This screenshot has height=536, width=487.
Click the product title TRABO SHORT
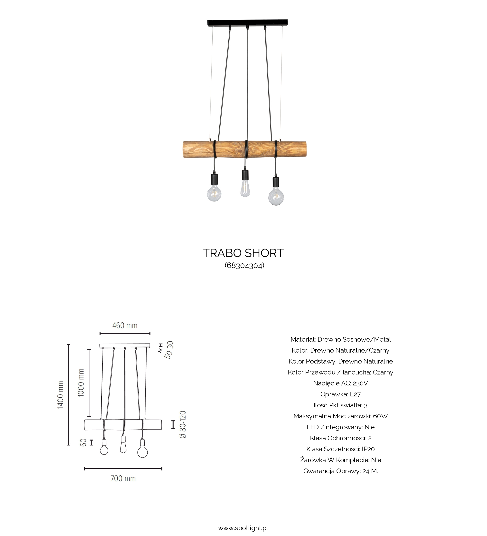243,253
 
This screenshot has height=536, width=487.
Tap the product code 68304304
244,266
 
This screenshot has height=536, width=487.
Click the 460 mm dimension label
125,325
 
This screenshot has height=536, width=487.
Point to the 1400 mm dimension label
61,395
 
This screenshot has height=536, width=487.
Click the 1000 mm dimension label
81,383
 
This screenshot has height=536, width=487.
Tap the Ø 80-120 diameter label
183,425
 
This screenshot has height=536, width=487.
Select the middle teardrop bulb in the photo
245,188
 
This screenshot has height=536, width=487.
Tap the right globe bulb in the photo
276,197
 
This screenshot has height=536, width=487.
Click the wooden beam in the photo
244,149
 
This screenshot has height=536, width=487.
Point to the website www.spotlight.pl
243,528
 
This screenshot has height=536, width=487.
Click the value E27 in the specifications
355,394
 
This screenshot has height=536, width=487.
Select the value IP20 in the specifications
368,449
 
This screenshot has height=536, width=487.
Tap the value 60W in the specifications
380,416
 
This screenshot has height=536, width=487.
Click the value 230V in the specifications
360,383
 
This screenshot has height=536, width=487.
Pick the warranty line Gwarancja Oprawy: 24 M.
340,471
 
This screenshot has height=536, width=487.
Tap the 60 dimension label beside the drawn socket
83,443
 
